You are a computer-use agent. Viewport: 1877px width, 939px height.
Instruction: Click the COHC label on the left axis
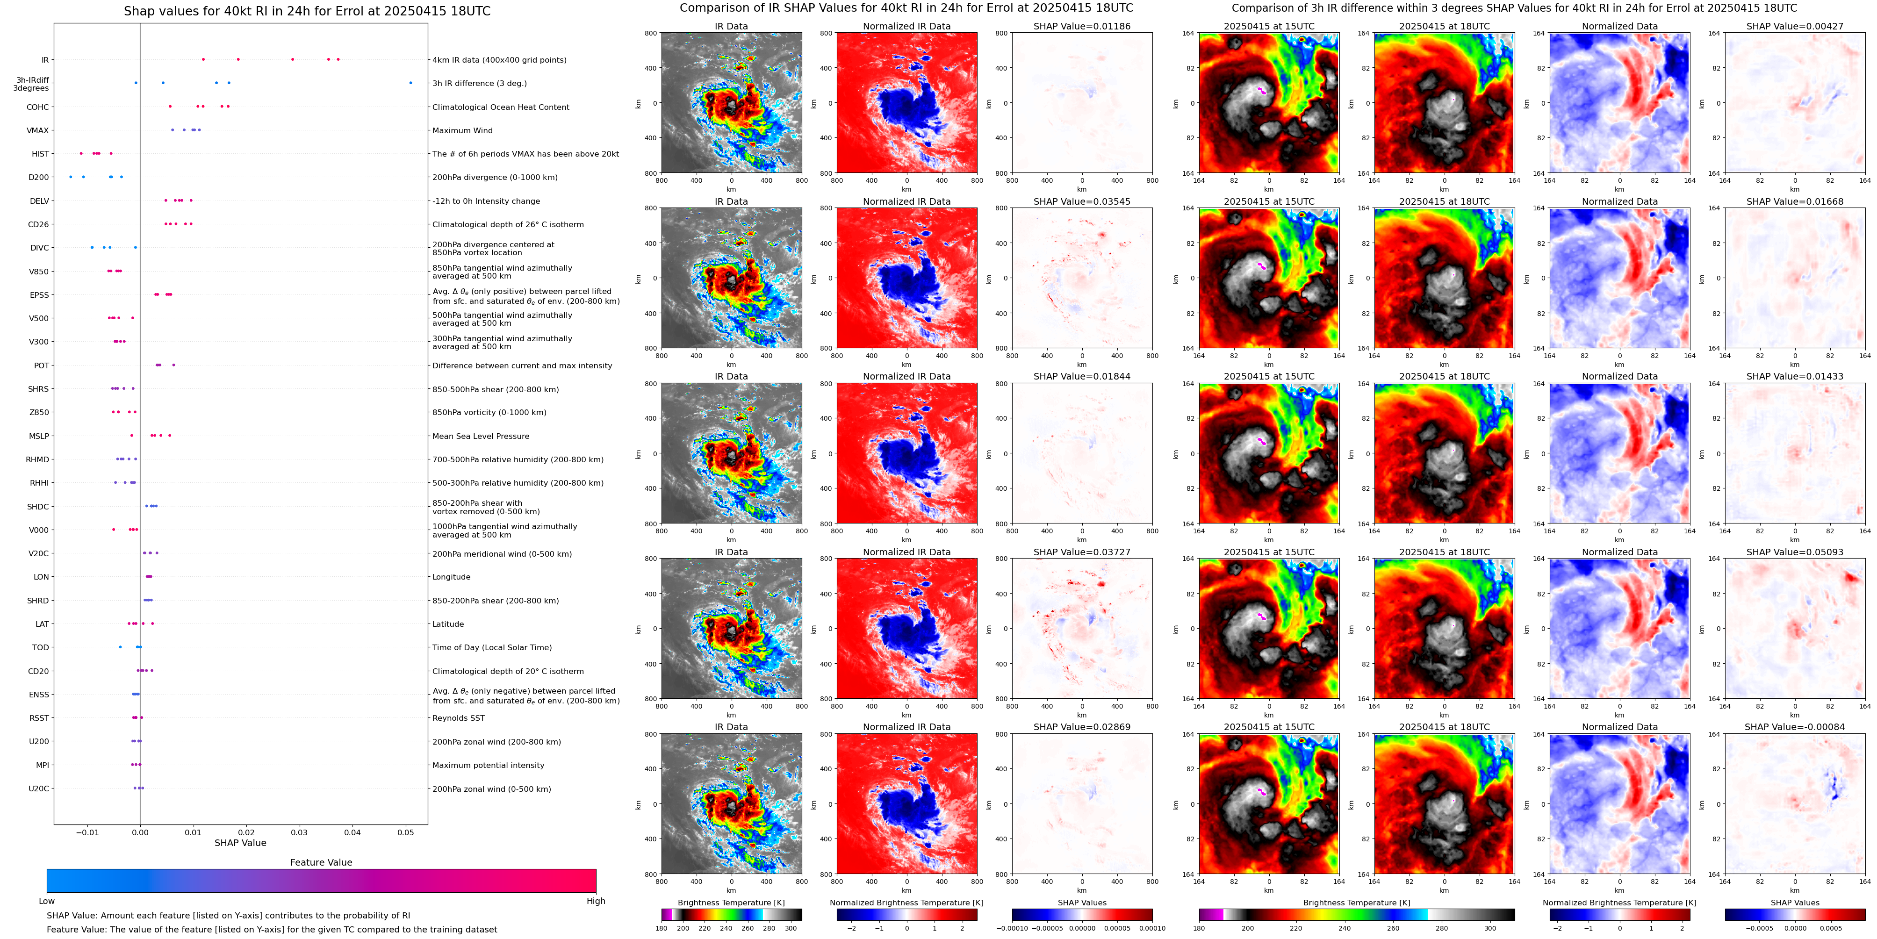(x=38, y=107)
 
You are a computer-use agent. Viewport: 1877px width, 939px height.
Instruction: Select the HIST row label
(x=40, y=154)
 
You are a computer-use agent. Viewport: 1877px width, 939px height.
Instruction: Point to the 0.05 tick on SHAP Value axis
(x=405, y=832)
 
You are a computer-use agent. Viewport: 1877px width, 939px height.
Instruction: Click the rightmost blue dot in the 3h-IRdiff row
(x=410, y=83)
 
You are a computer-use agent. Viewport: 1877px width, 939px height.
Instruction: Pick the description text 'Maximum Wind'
(x=462, y=130)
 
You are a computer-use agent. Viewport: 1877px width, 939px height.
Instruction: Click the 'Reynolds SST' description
(x=458, y=718)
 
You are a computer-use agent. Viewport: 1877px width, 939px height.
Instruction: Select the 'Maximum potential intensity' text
(x=488, y=765)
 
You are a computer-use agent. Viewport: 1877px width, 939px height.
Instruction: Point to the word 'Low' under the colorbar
(x=47, y=901)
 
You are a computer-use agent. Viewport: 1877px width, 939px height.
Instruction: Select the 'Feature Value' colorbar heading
(x=321, y=862)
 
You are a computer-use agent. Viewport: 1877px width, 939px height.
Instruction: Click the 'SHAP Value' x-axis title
(x=240, y=843)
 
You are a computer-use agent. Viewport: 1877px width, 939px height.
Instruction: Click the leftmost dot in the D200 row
(x=71, y=177)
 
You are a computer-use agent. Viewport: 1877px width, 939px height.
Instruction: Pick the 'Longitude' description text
(x=451, y=577)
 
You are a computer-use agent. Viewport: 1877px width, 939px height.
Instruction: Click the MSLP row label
(x=39, y=437)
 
